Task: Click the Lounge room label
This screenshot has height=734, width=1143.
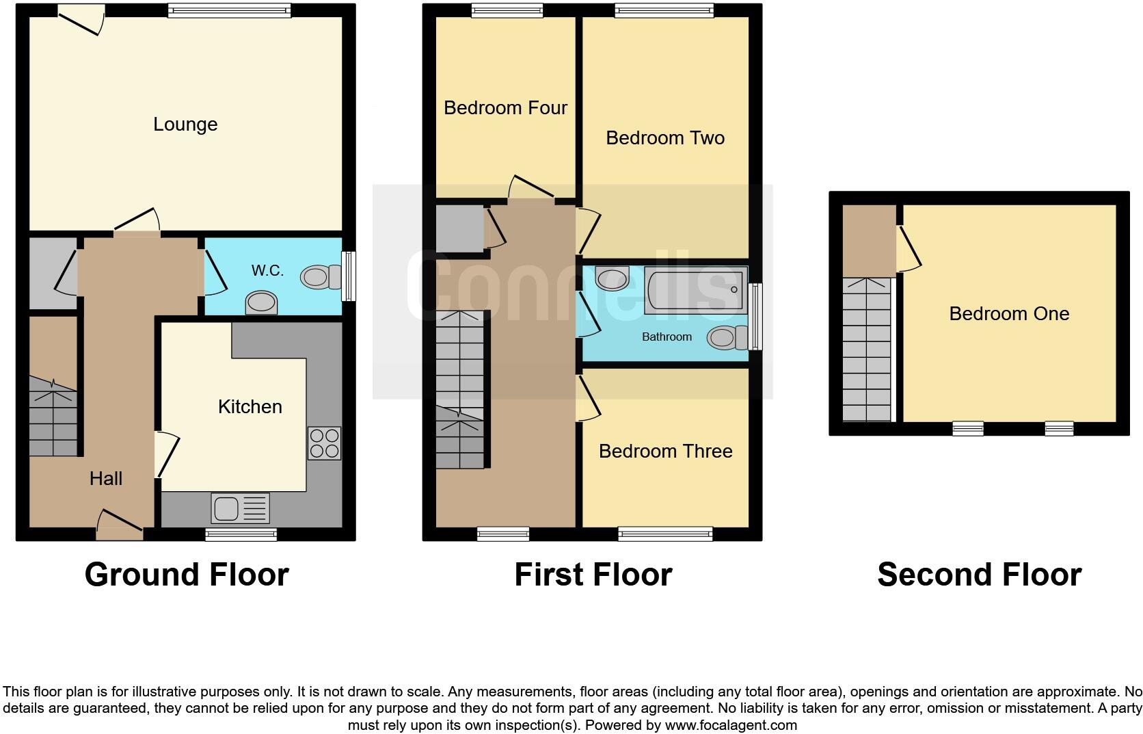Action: tap(185, 124)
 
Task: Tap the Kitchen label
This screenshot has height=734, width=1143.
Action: tap(250, 407)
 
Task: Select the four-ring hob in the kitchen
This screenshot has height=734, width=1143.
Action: tap(325, 443)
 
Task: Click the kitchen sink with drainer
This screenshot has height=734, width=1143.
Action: tap(241, 508)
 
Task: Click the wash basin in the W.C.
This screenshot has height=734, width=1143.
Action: tap(261, 302)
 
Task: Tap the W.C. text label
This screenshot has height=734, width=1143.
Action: tap(267, 270)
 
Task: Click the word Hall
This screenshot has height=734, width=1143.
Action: tap(106, 479)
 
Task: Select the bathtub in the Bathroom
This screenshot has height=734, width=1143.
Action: tap(695, 290)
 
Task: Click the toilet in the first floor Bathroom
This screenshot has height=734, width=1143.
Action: tap(727, 338)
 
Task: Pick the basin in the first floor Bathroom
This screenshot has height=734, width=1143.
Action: tap(612, 278)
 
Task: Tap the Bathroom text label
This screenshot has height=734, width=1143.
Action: tap(667, 337)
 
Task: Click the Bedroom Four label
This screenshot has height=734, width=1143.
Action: tap(505, 107)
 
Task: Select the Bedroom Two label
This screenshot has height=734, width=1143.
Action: tap(665, 137)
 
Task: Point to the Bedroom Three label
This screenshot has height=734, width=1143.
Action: tap(665, 451)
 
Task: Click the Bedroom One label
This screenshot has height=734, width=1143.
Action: tap(1009, 313)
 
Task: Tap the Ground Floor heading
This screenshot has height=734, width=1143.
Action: tap(187, 575)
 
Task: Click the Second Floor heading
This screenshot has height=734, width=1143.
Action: tap(979, 575)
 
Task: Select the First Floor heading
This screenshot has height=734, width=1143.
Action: tap(593, 575)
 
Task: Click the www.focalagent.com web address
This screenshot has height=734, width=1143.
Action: tap(731, 725)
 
